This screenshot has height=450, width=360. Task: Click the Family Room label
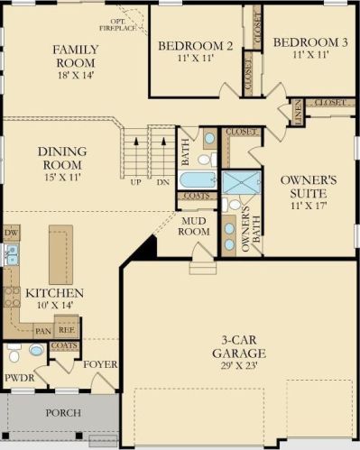point(76,56)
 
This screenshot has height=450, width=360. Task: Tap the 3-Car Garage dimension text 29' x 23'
point(239,366)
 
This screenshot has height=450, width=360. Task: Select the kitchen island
point(61,254)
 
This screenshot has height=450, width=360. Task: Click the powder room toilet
point(14,354)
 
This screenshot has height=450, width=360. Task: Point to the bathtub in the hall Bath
point(198,180)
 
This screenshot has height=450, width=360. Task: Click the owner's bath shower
point(242,182)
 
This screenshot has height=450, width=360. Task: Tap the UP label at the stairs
point(136,182)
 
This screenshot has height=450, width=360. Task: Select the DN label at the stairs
point(163,182)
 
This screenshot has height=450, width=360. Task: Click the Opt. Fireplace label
point(118,25)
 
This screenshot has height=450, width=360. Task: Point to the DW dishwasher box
point(12,233)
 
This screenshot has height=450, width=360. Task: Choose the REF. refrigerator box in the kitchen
point(67,330)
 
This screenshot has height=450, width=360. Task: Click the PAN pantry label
point(43,331)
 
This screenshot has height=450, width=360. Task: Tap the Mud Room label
point(194,226)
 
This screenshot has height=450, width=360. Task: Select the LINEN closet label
point(298,112)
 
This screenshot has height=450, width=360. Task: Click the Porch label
point(63,413)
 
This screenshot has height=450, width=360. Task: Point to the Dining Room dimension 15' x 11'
point(63,177)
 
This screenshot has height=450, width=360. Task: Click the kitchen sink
point(12,254)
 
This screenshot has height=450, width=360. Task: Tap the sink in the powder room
point(36,350)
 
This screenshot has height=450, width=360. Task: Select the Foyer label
point(100,364)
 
